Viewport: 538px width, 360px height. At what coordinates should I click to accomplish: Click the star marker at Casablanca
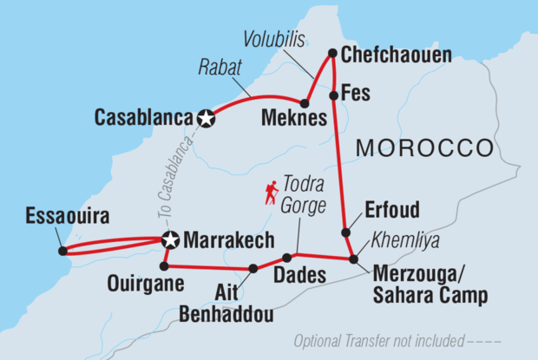(206, 119)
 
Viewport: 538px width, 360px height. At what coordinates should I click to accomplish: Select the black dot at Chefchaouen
(333, 54)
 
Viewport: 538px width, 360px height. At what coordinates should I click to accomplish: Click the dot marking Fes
(333, 95)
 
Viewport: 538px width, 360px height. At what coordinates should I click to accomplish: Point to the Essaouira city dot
(62, 252)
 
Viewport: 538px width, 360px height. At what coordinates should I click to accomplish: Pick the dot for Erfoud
(345, 232)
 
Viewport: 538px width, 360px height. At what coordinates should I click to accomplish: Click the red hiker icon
(272, 193)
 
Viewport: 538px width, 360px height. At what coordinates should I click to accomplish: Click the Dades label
(300, 276)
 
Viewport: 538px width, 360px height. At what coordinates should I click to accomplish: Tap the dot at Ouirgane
(164, 265)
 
